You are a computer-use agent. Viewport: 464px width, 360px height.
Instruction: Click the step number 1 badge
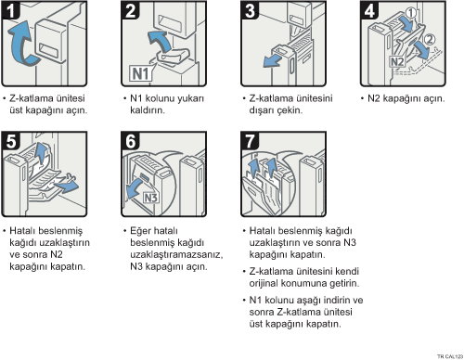(x=11, y=10)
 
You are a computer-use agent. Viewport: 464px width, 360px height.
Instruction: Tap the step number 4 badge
(x=369, y=10)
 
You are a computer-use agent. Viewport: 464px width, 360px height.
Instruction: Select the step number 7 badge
(x=250, y=141)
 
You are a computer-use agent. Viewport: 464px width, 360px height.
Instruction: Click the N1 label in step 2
(x=141, y=73)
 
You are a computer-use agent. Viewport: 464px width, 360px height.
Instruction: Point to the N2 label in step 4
(x=397, y=62)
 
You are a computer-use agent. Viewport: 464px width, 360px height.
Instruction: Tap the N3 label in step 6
(x=151, y=198)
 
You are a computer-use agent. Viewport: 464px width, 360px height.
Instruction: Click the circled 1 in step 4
(x=410, y=13)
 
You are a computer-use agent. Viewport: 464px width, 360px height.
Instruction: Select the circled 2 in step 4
(x=429, y=40)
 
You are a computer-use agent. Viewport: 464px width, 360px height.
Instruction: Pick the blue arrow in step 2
(x=161, y=40)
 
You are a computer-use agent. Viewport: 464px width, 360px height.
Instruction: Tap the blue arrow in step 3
(x=272, y=61)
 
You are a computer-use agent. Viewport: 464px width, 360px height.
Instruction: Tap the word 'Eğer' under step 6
(x=140, y=231)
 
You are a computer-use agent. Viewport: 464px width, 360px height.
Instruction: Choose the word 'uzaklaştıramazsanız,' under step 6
(x=176, y=255)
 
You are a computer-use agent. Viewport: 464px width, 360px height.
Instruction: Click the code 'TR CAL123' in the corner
(x=450, y=356)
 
